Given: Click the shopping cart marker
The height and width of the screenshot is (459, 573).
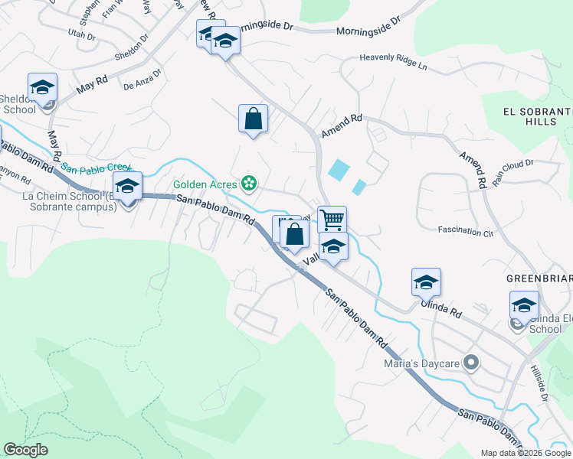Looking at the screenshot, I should [332, 220].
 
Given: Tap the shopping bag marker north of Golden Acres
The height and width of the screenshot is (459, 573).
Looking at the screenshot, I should [254, 119].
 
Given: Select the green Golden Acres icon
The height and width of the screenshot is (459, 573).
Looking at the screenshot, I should [248, 183].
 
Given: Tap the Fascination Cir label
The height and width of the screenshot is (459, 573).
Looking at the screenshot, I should [467, 229].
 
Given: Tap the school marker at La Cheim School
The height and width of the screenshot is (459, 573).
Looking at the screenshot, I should [128, 187].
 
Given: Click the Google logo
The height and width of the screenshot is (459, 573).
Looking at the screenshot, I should [25, 450].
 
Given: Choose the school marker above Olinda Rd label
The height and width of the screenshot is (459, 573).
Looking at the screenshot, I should [426, 282].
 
